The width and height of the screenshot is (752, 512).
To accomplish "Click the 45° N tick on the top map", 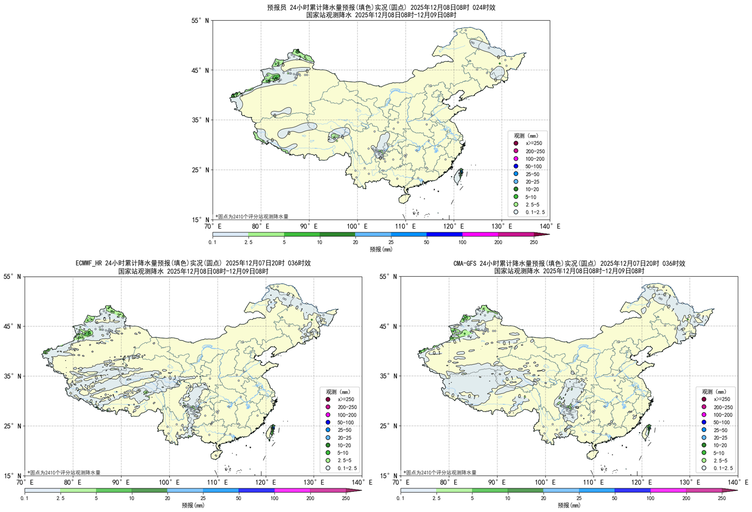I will [x=201, y=70].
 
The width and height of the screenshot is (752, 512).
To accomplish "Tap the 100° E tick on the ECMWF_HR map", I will [x=170, y=482].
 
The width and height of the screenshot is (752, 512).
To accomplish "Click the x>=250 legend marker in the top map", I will [x=516, y=143].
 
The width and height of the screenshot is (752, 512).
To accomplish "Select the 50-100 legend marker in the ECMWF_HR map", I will [x=328, y=422].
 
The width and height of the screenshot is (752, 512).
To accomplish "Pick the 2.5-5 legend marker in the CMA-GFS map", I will [x=704, y=460].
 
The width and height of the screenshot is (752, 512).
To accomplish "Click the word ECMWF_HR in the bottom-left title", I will [x=89, y=263].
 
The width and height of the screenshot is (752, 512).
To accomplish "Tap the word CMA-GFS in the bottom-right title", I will [x=465, y=263].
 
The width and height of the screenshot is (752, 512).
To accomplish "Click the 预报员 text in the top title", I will [x=277, y=7].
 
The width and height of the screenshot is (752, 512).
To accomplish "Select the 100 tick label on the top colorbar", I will [x=462, y=242].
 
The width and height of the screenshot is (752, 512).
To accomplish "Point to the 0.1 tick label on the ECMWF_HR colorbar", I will [x=24, y=498].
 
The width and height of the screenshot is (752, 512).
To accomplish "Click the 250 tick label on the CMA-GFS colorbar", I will [x=722, y=498].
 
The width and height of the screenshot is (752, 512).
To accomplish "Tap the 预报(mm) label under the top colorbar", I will [x=381, y=249].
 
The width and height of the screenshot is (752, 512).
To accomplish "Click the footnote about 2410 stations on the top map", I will [x=252, y=216].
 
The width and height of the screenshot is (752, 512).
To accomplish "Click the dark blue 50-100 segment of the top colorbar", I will [x=444, y=234].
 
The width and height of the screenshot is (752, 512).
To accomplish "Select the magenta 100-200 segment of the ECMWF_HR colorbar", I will [x=292, y=490].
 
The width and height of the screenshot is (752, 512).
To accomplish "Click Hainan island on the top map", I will [x=404, y=199].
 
